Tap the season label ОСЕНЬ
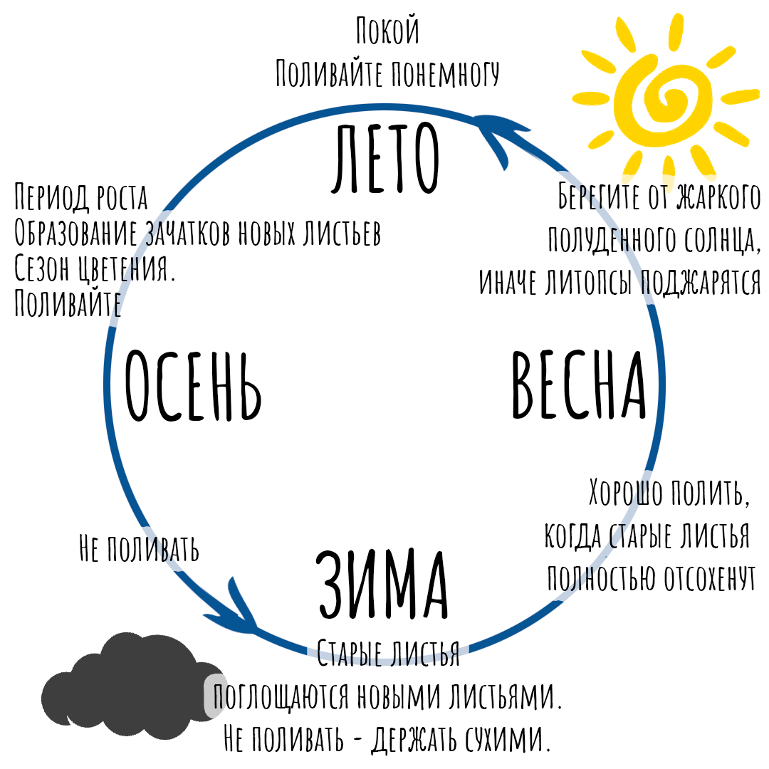(x=193, y=387)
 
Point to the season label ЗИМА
(x=382, y=586)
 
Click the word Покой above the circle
(x=387, y=33)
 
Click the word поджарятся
(x=701, y=282)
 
